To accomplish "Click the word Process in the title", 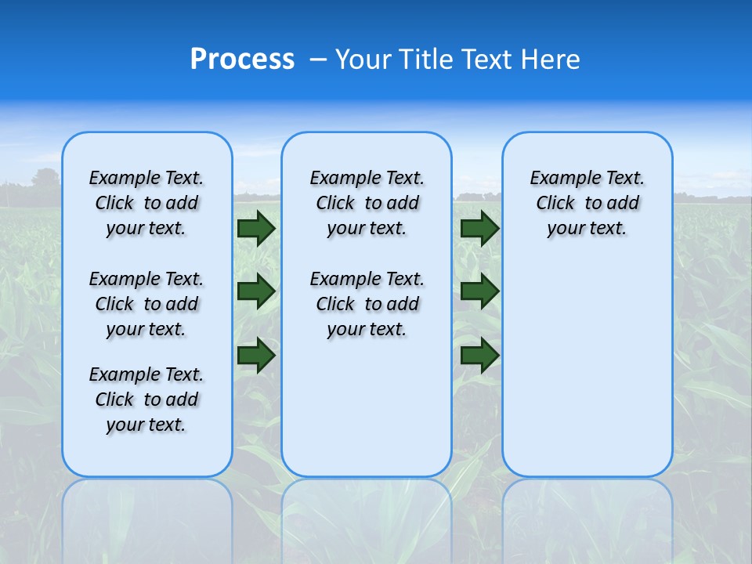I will point(242,60).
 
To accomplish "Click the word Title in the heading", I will point(425,60).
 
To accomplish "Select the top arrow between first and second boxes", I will point(256,228).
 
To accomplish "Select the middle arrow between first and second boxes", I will point(256,291).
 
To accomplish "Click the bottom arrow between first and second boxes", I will point(256,355).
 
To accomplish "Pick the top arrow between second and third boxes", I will point(479,228).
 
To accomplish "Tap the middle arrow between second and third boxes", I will point(479,291).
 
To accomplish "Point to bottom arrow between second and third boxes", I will point(479,355).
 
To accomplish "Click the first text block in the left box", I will point(146,203).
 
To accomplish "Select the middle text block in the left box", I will point(146,304).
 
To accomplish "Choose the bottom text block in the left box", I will point(146,399).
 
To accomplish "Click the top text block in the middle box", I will point(367,203).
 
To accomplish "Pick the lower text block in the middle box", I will point(367,304).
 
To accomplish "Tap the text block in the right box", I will point(587,203).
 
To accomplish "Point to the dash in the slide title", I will point(318,60).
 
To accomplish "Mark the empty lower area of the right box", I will point(587,368).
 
